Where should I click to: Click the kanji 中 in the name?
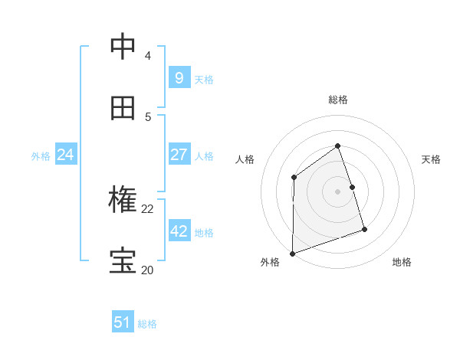point(123,47)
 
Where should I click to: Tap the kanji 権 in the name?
point(123,200)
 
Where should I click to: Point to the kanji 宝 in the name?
point(123,260)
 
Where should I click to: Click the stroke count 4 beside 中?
point(147,56)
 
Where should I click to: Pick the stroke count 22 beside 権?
point(147,208)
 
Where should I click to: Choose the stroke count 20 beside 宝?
point(147,269)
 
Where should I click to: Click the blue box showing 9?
point(179,78)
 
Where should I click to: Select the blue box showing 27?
point(179,155)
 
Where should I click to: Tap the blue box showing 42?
point(179,231)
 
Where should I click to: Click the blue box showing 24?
point(65,155)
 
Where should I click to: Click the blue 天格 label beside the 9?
point(204,79)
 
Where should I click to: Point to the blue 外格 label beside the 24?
point(41,155)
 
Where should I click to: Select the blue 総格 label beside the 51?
point(147,323)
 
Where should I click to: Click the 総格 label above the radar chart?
point(337,100)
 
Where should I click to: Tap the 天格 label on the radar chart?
point(431,159)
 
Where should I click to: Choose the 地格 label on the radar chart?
point(402,262)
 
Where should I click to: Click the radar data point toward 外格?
point(292,254)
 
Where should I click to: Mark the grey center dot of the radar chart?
point(337,191)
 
